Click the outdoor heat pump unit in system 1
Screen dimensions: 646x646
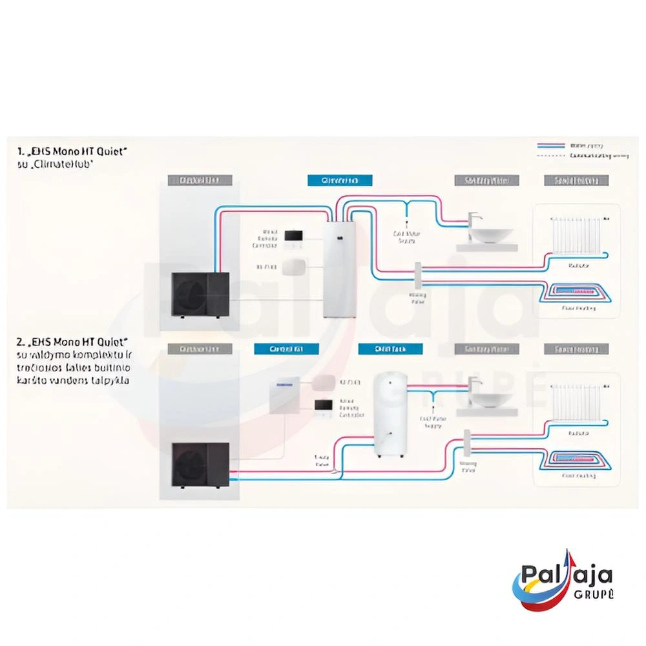coord(200,294)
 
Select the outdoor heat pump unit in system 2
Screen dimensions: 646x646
coord(200,465)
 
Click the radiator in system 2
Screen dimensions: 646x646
coord(574,404)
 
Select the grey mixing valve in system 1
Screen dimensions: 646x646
coord(418,275)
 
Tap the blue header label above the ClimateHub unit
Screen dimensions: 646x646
coord(340,180)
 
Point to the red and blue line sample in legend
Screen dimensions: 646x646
coord(550,147)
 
